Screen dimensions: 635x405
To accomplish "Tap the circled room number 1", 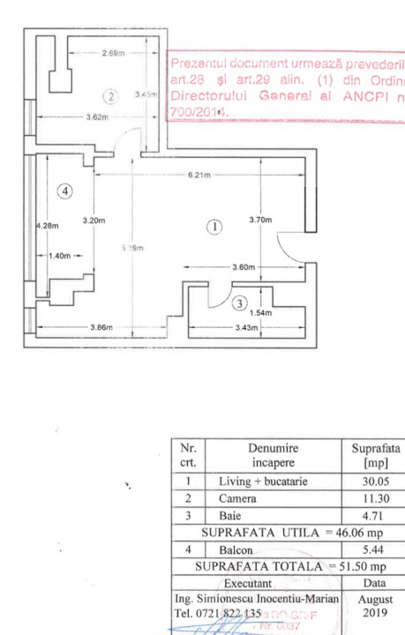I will click(x=214, y=227).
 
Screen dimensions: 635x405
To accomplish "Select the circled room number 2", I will click(x=110, y=96).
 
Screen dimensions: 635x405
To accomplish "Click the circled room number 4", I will click(x=64, y=190).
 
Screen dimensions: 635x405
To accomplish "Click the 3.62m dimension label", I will click(x=97, y=117).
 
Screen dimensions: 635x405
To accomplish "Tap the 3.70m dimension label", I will click(x=260, y=219).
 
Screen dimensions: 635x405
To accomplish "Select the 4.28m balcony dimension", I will click(x=46, y=226).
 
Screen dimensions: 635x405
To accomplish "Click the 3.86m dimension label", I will click(x=101, y=328).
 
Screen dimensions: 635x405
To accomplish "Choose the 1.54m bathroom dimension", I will click(x=263, y=313).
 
